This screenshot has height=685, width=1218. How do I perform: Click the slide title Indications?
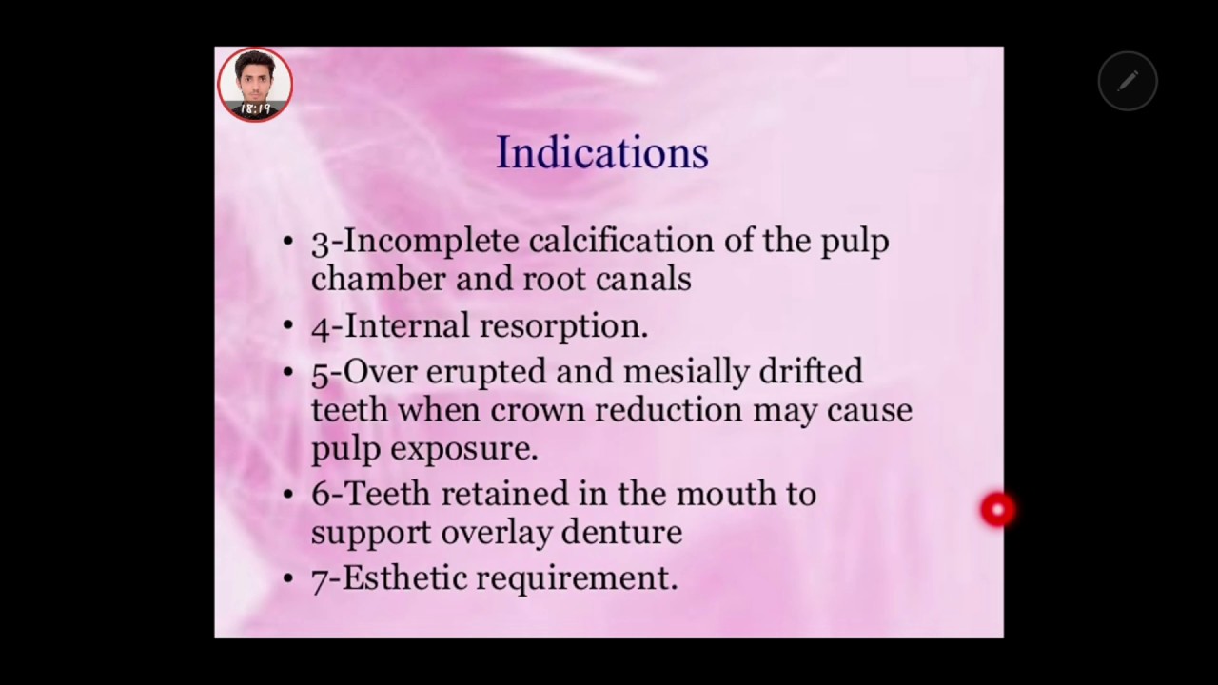(602, 153)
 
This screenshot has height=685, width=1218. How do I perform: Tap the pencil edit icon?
(1128, 82)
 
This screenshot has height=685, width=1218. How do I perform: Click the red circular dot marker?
(997, 510)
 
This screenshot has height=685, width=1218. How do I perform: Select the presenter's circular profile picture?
(255, 84)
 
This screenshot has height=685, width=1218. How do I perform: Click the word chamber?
(379, 279)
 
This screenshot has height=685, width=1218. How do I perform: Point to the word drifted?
(811, 370)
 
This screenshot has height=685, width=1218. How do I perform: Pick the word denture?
(621, 532)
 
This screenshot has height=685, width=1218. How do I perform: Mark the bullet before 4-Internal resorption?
(288, 326)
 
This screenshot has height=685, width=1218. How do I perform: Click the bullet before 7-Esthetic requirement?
(288, 577)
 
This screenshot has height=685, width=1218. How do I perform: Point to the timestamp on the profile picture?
(254, 109)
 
